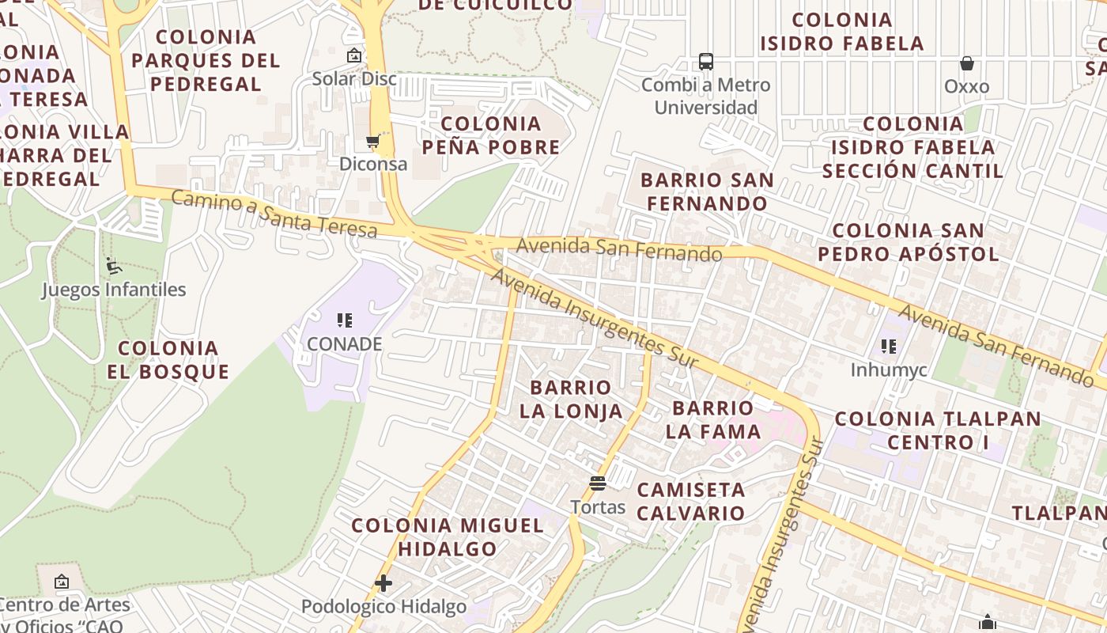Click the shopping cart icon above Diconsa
pyautogui.click(x=372, y=142)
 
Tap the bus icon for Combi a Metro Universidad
pyautogui.click(x=705, y=62)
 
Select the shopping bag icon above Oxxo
pyautogui.click(x=966, y=63)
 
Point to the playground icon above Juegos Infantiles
pyautogui.click(x=113, y=266)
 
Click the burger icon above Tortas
pyautogui.click(x=598, y=483)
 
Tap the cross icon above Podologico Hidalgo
pyautogui.click(x=383, y=584)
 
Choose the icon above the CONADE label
pyautogui.click(x=344, y=320)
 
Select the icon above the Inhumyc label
pyautogui.click(x=889, y=347)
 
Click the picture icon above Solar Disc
pyautogui.click(x=353, y=55)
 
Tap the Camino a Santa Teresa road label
pyautogui.click(x=274, y=214)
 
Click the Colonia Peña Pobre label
pyautogui.click(x=490, y=135)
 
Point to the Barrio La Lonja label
pyautogui.click(x=571, y=400)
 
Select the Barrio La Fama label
pyautogui.click(x=712, y=419)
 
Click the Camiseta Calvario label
pyautogui.click(x=691, y=501)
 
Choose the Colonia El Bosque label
pyautogui.click(x=168, y=360)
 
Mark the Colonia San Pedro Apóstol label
pyautogui.click(x=909, y=242)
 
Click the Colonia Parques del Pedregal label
pyautogui.click(x=206, y=60)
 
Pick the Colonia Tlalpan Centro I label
pyautogui.click(x=938, y=430)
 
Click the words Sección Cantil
pyautogui.click(x=913, y=171)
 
